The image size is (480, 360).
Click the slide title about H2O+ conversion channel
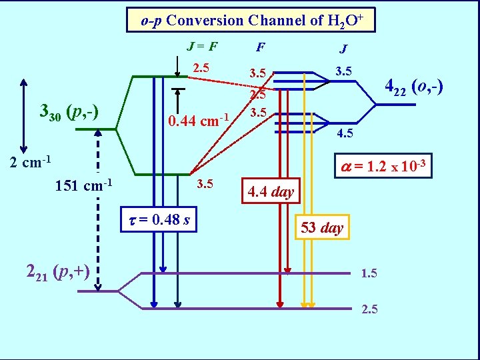coord(251,20)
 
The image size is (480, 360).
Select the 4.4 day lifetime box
coord(271,193)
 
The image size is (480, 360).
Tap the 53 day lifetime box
coord(321,227)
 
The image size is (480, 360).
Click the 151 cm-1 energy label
coord(83,184)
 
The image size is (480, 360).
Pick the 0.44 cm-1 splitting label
coord(199,121)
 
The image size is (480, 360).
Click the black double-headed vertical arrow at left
coord(23,116)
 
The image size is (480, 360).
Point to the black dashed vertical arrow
coord(99,210)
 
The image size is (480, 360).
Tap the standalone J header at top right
coord(343,48)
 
